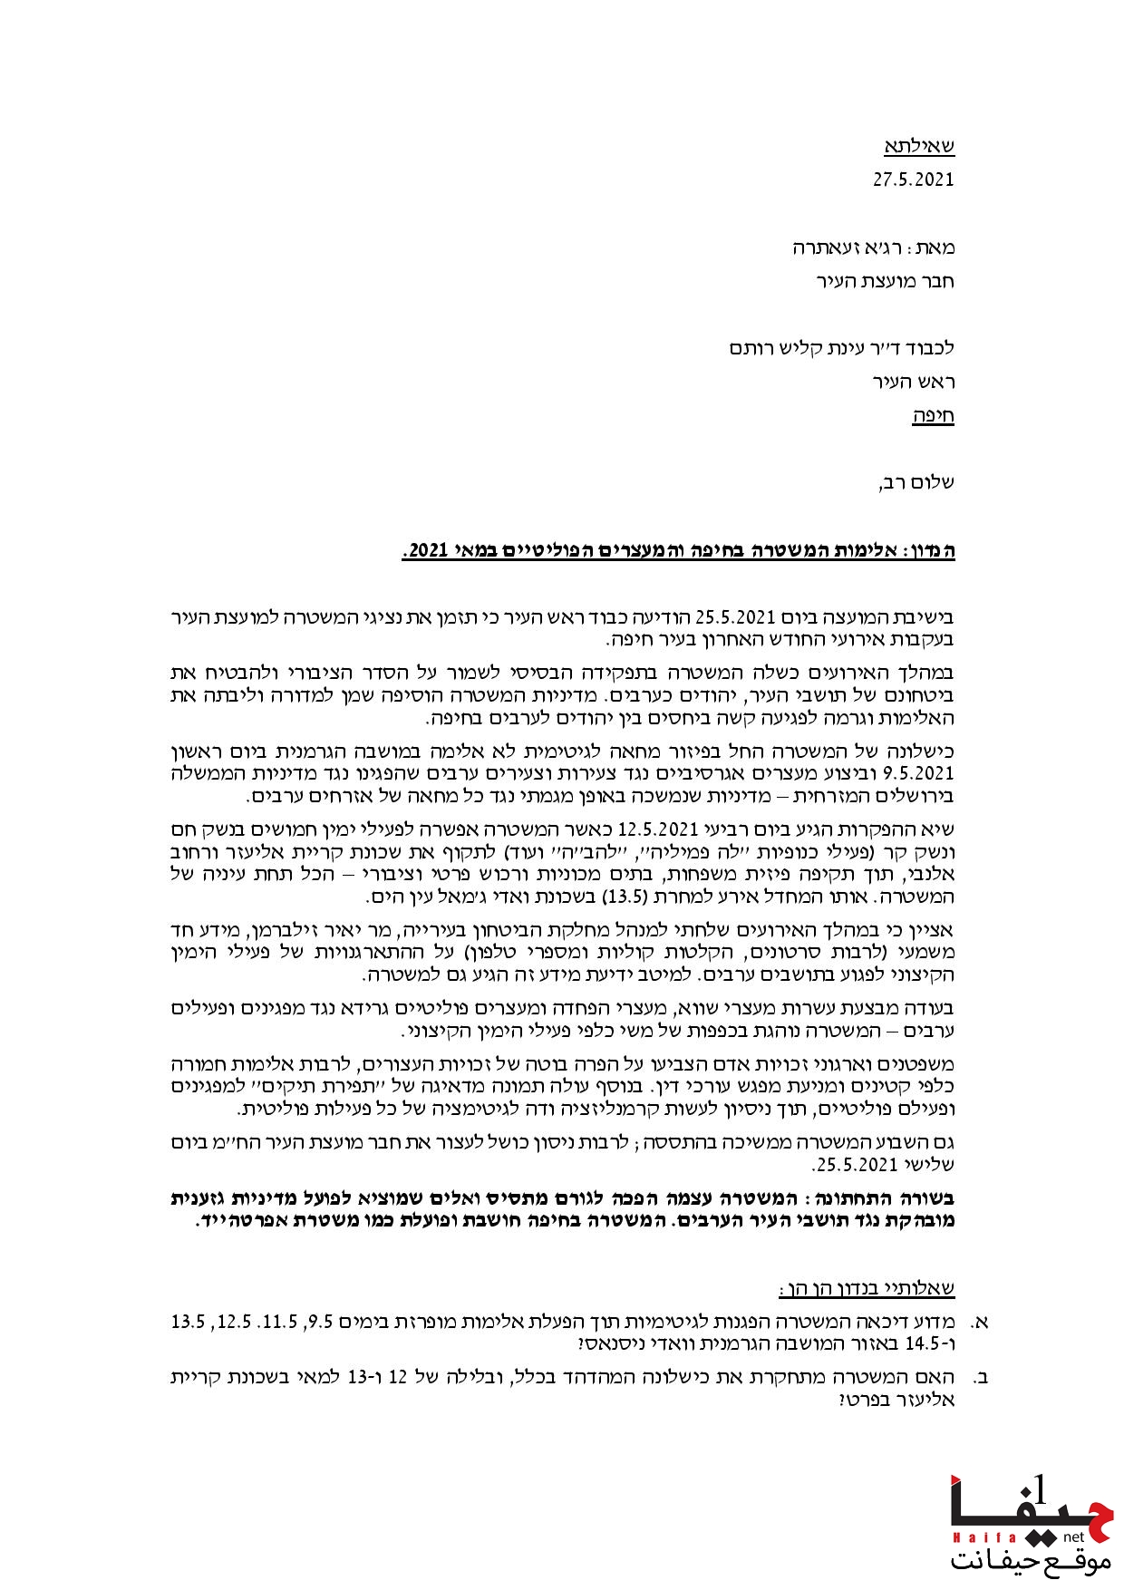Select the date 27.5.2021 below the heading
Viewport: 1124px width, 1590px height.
pos(914,179)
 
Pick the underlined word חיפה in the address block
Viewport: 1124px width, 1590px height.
pos(933,416)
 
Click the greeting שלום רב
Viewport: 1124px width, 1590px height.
pos(916,482)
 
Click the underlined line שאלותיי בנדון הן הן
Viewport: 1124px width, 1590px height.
pos(867,1288)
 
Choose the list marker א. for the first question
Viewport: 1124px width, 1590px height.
pos(978,1322)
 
